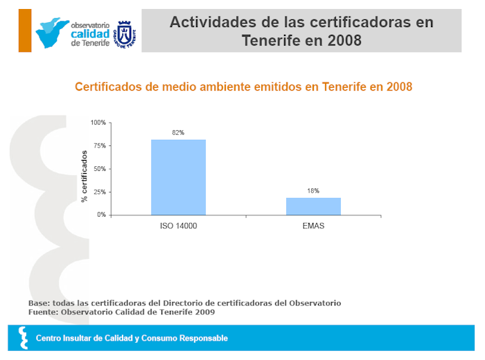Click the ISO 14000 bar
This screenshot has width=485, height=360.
pos(178,177)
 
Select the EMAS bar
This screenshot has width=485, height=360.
pos(313,206)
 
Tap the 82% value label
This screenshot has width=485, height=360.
pos(178,132)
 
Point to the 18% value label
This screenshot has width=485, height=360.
pos(313,190)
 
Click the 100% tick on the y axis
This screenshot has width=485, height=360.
pos(98,123)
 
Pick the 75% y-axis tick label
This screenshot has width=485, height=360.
pos(100,146)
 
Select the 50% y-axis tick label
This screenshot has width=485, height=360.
pos(100,169)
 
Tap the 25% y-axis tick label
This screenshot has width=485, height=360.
pos(100,192)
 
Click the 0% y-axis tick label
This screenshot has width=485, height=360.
pos(101,215)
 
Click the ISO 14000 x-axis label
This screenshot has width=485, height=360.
pos(178,226)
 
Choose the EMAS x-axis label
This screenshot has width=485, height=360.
pos(313,226)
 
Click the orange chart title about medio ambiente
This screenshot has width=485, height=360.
pos(243,87)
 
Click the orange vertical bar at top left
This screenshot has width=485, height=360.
pos(25,30)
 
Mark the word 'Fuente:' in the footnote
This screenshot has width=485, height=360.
pos(44,312)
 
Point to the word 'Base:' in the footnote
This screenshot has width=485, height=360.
pos(40,303)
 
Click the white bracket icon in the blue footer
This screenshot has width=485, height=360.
pos(24,339)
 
